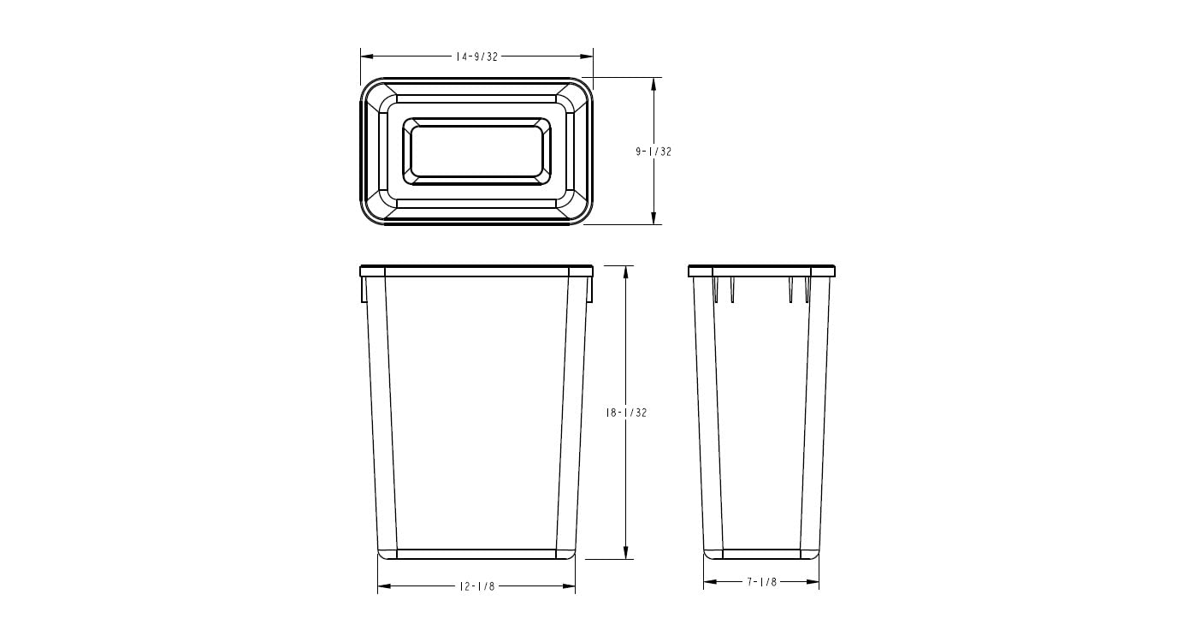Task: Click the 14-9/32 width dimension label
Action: pos(476,56)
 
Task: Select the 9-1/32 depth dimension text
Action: pos(654,152)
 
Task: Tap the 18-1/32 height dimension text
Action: pos(626,413)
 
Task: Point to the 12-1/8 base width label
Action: pos(477,586)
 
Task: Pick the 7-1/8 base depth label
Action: pos(761,582)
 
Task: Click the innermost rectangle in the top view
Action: pos(476,152)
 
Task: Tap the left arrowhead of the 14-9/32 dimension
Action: pos(365,56)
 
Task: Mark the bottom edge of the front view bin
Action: pos(476,558)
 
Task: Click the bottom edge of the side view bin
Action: pos(761,558)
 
